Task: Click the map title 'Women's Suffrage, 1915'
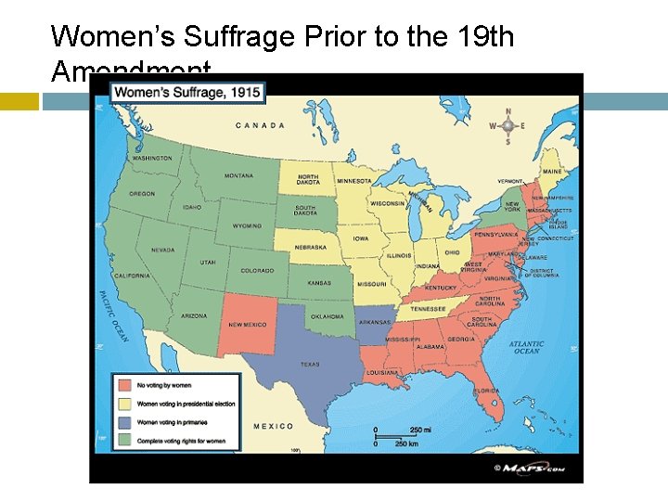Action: pos(187,92)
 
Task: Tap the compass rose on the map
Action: pos(507,126)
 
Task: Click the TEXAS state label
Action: pos(309,365)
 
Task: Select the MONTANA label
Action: pos(238,175)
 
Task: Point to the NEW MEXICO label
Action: pos(248,325)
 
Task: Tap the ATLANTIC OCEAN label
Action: pos(525,347)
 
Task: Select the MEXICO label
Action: pos(273,427)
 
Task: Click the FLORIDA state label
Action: pos(486,391)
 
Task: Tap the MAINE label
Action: pos(551,172)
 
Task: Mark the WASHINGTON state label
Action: pos(151,159)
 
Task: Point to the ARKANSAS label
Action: pos(374,322)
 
